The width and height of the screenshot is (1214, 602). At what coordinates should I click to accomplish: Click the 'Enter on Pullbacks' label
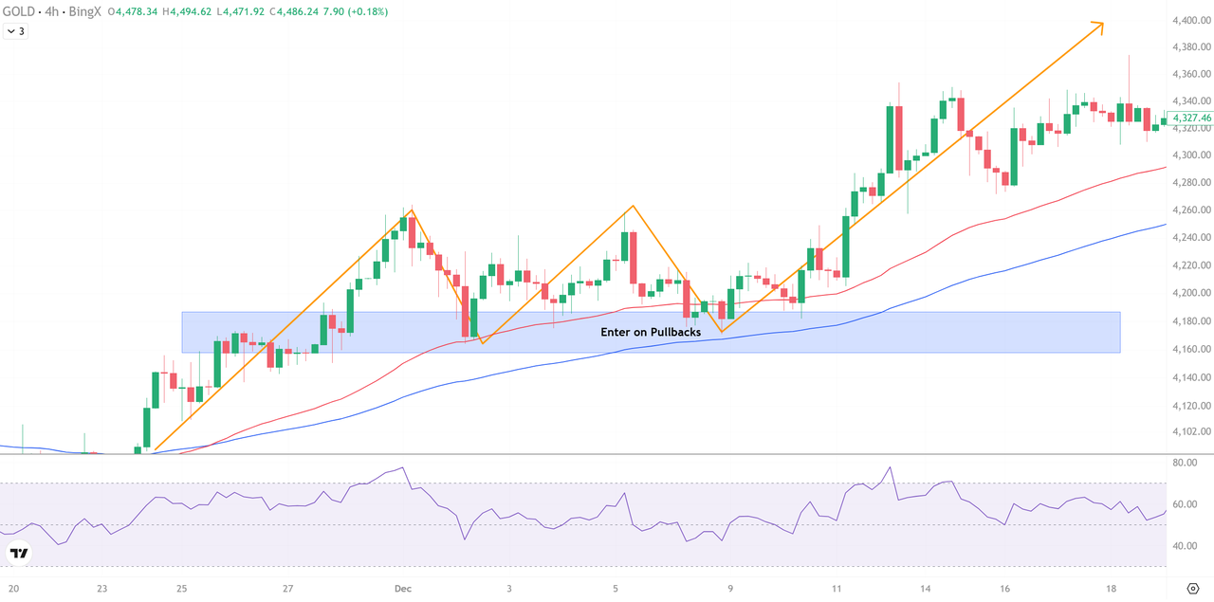651,333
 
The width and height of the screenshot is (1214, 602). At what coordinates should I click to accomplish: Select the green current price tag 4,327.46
1191,119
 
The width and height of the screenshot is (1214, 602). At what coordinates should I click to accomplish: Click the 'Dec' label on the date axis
403,588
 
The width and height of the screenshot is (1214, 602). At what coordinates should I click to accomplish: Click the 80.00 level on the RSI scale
1184,463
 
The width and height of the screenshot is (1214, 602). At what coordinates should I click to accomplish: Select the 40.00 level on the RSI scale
1184,546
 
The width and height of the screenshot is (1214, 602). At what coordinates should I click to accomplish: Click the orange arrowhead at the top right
1099,25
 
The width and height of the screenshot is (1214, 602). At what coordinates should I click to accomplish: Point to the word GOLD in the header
22,11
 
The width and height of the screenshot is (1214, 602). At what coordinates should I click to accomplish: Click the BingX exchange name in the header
86,11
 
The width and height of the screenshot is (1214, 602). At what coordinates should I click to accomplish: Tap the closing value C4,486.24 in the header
322,11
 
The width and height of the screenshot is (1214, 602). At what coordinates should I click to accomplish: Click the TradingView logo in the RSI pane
20,553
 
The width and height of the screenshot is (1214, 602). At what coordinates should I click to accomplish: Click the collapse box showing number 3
16,31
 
